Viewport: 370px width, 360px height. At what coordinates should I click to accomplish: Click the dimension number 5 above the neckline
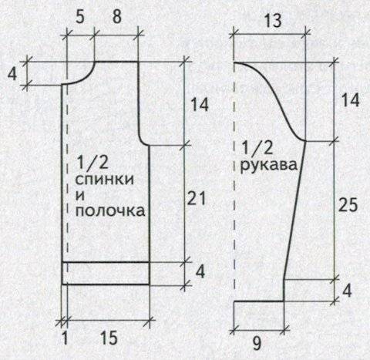click(80, 18)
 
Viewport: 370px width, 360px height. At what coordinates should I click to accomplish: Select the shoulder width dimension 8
click(117, 18)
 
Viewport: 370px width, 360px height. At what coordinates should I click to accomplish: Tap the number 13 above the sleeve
click(273, 20)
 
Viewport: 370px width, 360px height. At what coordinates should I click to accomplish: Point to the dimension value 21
click(197, 198)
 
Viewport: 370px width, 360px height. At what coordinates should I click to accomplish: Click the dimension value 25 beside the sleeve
click(348, 205)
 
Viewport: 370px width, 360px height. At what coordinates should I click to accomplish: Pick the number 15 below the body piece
click(109, 338)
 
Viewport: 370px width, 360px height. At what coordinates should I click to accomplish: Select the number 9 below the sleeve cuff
click(257, 343)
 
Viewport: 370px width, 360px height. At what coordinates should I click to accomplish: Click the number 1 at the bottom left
click(65, 338)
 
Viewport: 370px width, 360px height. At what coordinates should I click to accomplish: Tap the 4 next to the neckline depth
click(12, 75)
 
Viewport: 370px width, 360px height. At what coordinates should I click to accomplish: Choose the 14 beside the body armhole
click(199, 105)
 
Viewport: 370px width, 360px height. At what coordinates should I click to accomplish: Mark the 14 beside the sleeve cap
click(350, 100)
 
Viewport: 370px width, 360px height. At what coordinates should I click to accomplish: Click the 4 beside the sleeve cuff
click(347, 291)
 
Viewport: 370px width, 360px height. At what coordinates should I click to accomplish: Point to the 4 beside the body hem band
click(200, 271)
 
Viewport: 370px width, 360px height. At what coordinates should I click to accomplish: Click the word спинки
click(105, 179)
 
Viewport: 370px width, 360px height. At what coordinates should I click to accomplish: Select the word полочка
click(110, 210)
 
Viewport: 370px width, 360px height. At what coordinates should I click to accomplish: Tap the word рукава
click(269, 165)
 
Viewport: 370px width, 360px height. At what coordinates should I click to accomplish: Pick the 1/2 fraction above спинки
click(92, 163)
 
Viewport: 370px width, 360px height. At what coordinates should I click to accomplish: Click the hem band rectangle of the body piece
click(106, 273)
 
